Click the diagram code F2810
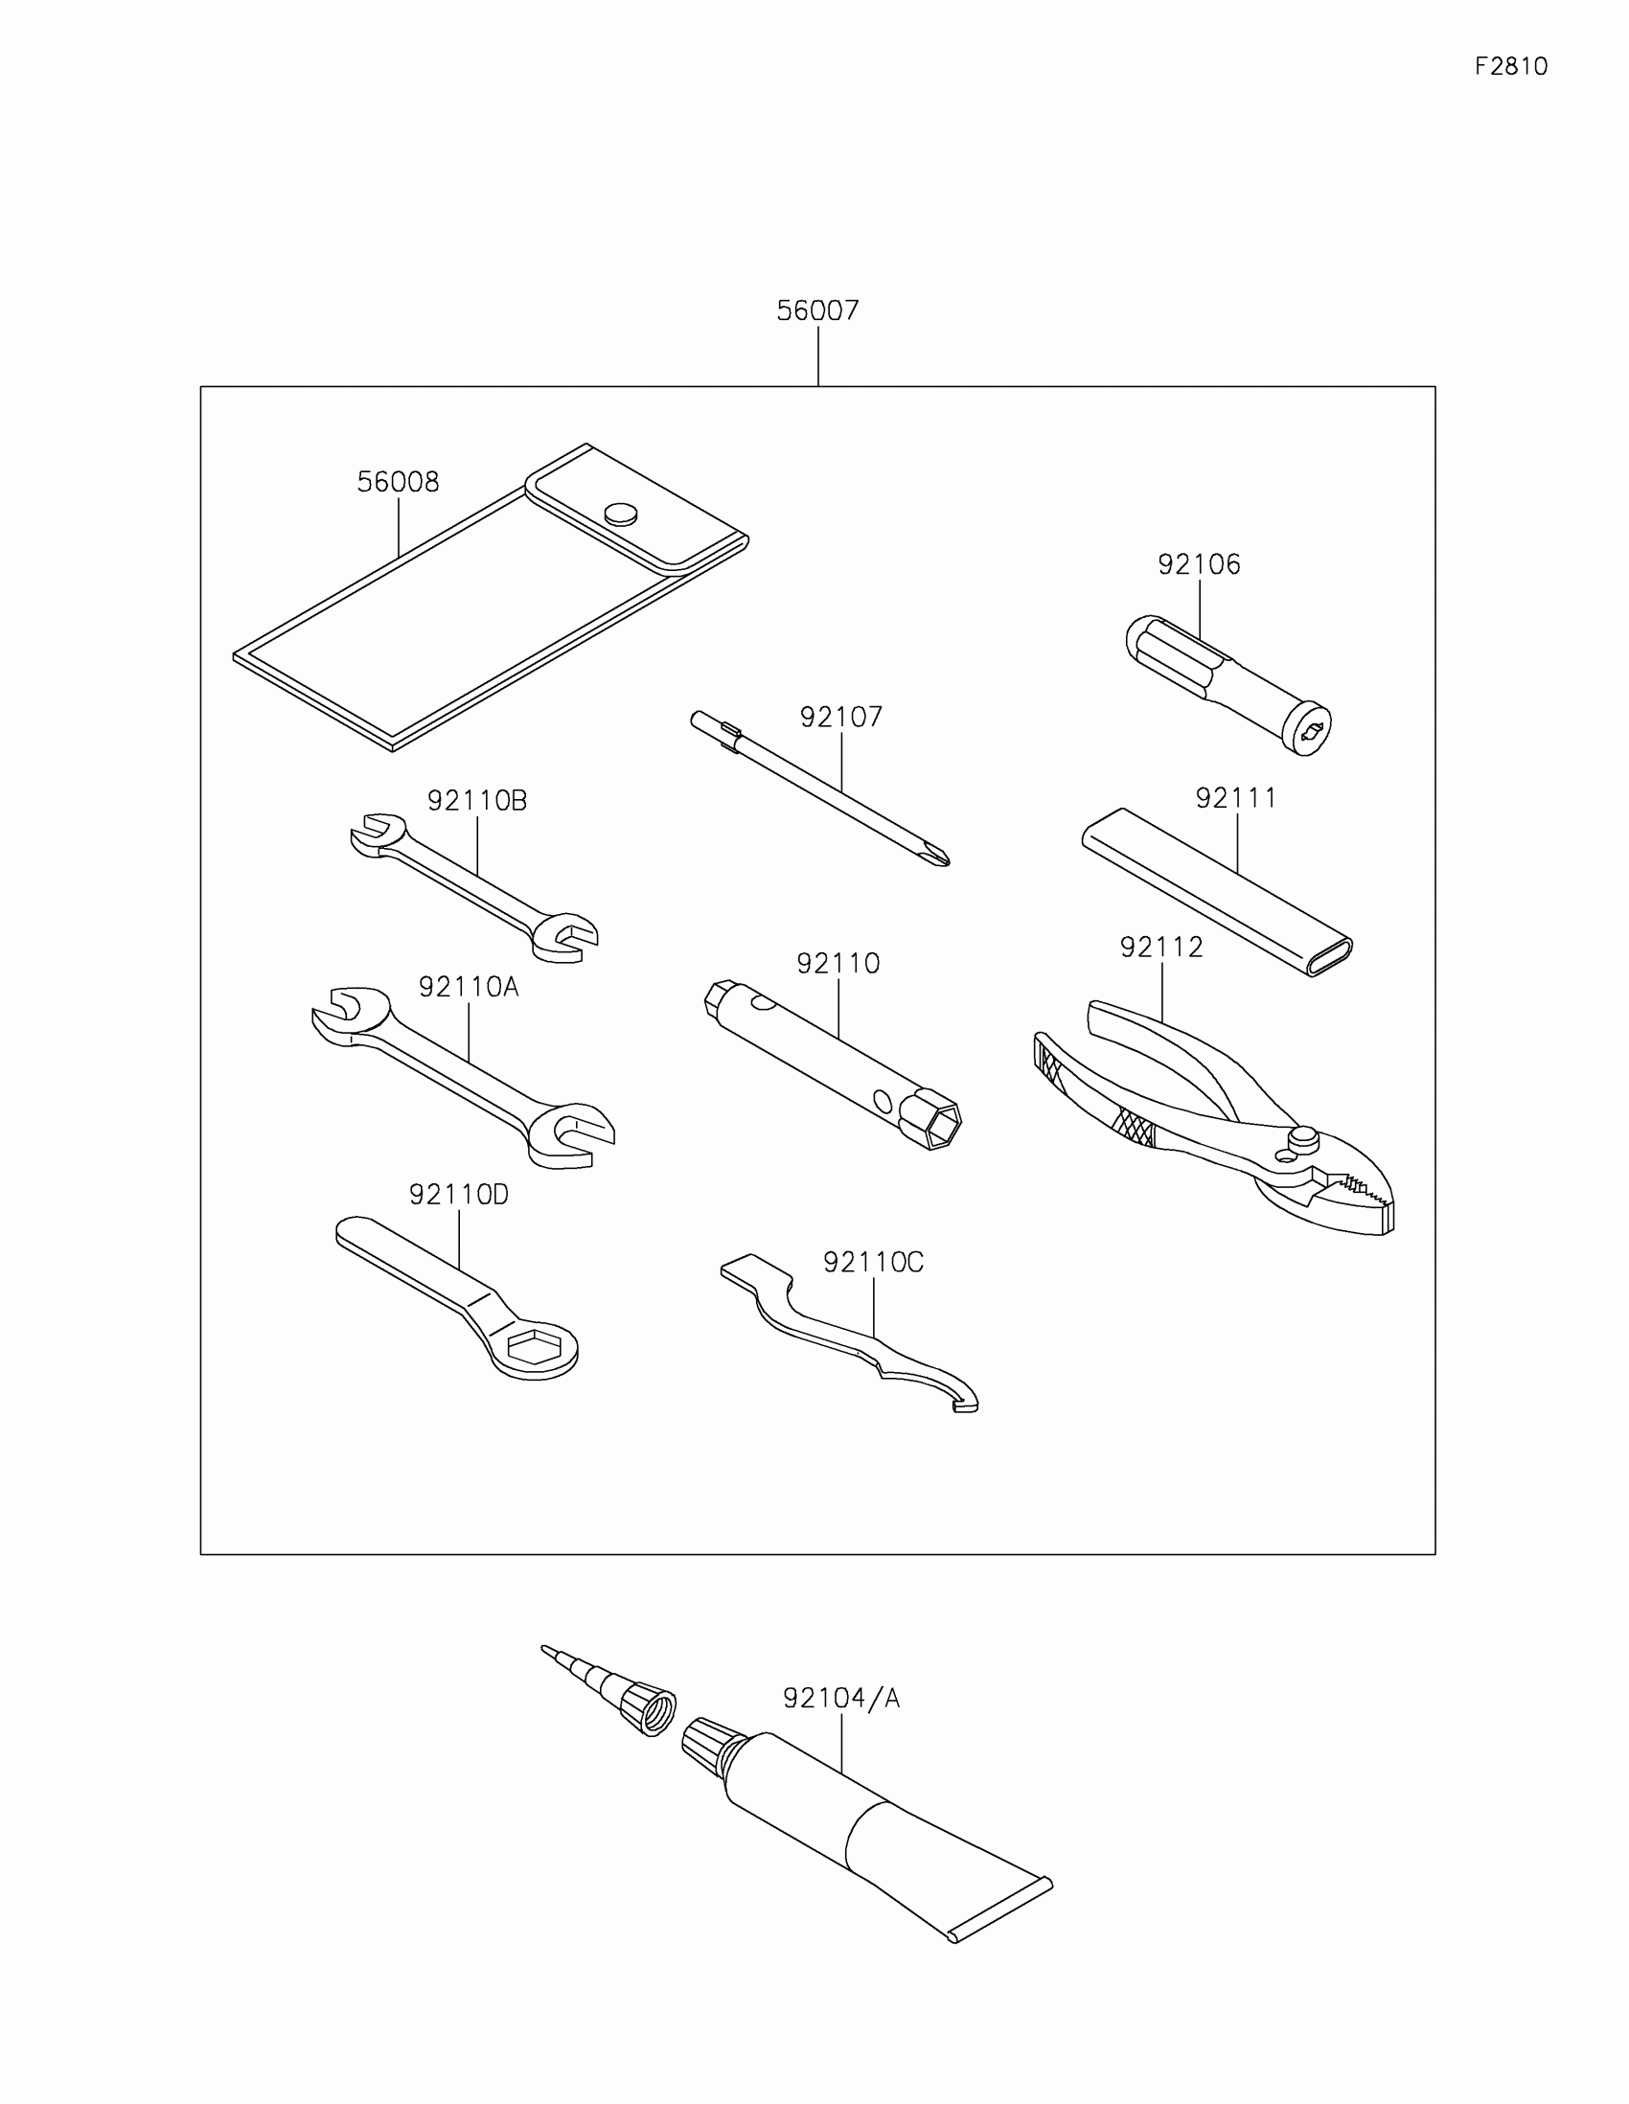tap(1510, 66)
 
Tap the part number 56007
tap(817, 311)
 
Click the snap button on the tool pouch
tap(621, 513)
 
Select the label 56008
tap(398, 482)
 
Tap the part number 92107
tap(840, 718)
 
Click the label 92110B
tap(477, 801)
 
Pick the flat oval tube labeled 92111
tap(1217, 891)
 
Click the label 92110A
tap(469, 987)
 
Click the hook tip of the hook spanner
tap(964, 1407)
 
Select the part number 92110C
tap(873, 1262)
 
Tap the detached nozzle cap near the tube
tap(650, 1710)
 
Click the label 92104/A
tap(841, 1699)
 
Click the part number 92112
tap(1160, 948)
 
